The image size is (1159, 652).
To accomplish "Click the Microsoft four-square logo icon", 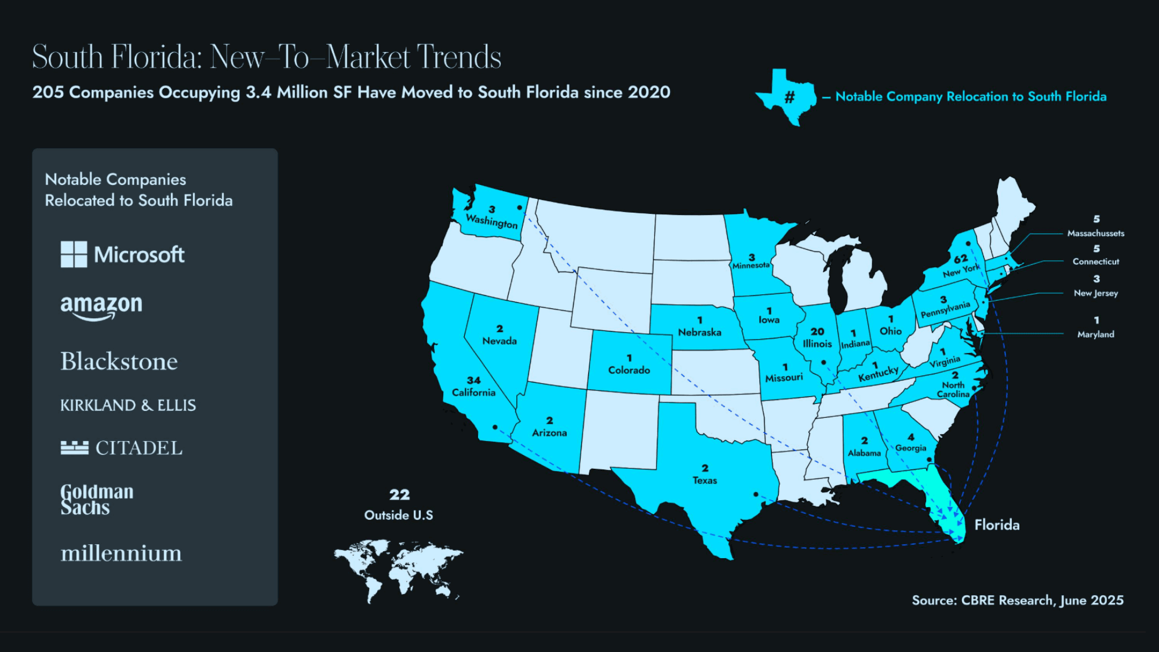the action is pos(74,254).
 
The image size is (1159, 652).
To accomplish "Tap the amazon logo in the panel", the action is pos(101,306).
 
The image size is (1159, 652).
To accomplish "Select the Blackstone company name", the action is pos(119,362).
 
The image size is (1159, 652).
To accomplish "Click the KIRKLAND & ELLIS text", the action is pos(128,405).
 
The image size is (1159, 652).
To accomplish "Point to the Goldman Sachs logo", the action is pos(97,500).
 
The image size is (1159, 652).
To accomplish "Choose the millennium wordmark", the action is pos(121,553).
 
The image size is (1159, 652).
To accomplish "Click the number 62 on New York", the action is pos(960,258).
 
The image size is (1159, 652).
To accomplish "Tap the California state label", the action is pos(473,392).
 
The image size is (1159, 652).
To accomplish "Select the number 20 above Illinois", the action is pos(817,332).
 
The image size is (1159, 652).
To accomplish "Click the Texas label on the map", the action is pos(705,480).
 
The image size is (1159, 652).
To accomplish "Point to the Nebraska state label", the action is pos(699,333).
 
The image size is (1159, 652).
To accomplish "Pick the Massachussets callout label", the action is pos(1095,234).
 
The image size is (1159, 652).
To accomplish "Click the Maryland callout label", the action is pos(1095,334).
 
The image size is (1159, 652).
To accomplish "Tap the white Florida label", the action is pos(997,525).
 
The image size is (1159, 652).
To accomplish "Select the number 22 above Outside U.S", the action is pos(399,494).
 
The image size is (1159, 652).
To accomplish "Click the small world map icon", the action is pos(399,569).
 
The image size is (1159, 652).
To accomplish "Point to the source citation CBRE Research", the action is pos(1017,600).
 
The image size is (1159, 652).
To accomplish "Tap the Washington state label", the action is pos(491,221).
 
